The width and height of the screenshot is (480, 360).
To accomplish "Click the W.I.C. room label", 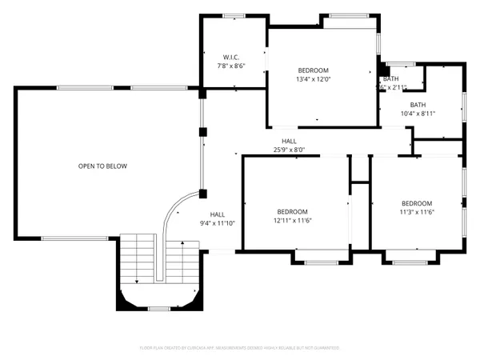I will (x=231, y=57).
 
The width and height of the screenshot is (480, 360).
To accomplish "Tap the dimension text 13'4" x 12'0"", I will (x=314, y=79).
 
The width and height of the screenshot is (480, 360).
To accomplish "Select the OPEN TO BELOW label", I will (x=102, y=166).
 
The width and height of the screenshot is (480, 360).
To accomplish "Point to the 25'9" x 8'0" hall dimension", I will (x=289, y=149).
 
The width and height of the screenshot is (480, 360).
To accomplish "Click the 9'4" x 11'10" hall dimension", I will (x=218, y=223).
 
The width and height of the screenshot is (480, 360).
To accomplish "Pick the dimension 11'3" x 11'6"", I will (x=417, y=212).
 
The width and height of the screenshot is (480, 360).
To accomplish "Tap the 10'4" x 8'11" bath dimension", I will (x=418, y=114).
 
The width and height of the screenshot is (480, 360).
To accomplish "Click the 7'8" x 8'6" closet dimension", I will (x=231, y=66).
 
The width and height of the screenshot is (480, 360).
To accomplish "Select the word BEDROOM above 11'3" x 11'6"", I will (x=417, y=203).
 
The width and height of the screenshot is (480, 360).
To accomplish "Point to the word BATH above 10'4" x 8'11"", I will (x=418, y=105).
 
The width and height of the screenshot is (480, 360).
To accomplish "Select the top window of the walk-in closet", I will (x=234, y=15).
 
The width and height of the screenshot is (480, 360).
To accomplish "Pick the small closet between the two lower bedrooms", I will (x=359, y=170).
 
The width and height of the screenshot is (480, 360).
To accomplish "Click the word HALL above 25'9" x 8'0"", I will (x=289, y=141).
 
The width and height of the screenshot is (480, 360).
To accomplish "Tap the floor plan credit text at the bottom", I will (x=240, y=348).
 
